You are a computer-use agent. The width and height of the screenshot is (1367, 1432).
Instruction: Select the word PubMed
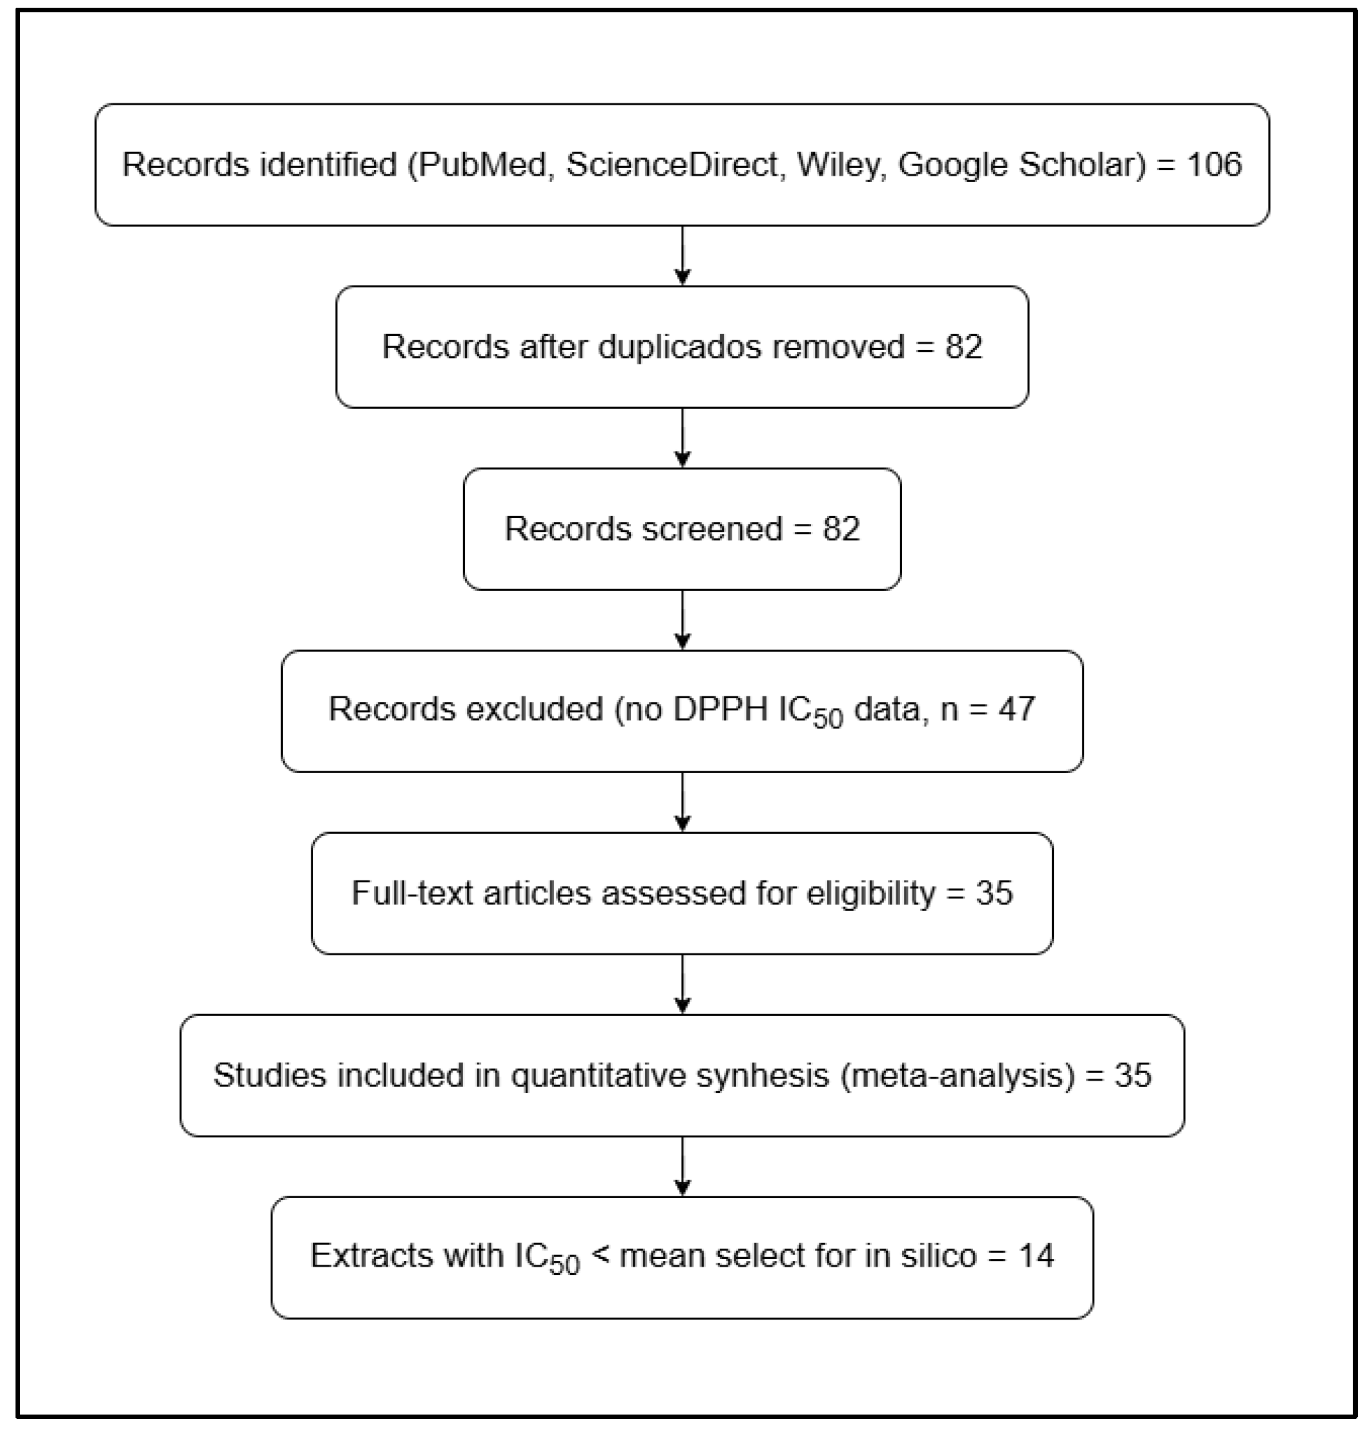coord(482,165)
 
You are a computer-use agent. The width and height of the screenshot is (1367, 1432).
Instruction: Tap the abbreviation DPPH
coord(721,709)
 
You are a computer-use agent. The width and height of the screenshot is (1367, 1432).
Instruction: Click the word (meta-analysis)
coord(958,1075)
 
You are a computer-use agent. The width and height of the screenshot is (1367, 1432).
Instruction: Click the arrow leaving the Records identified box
coord(682,256)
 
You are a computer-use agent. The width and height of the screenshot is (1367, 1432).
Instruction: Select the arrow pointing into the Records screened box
coord(682,438)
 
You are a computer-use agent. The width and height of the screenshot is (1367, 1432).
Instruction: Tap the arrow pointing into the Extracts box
coord(682,1166)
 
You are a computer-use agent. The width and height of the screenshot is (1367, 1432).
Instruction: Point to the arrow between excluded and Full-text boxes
coord(682,802)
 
